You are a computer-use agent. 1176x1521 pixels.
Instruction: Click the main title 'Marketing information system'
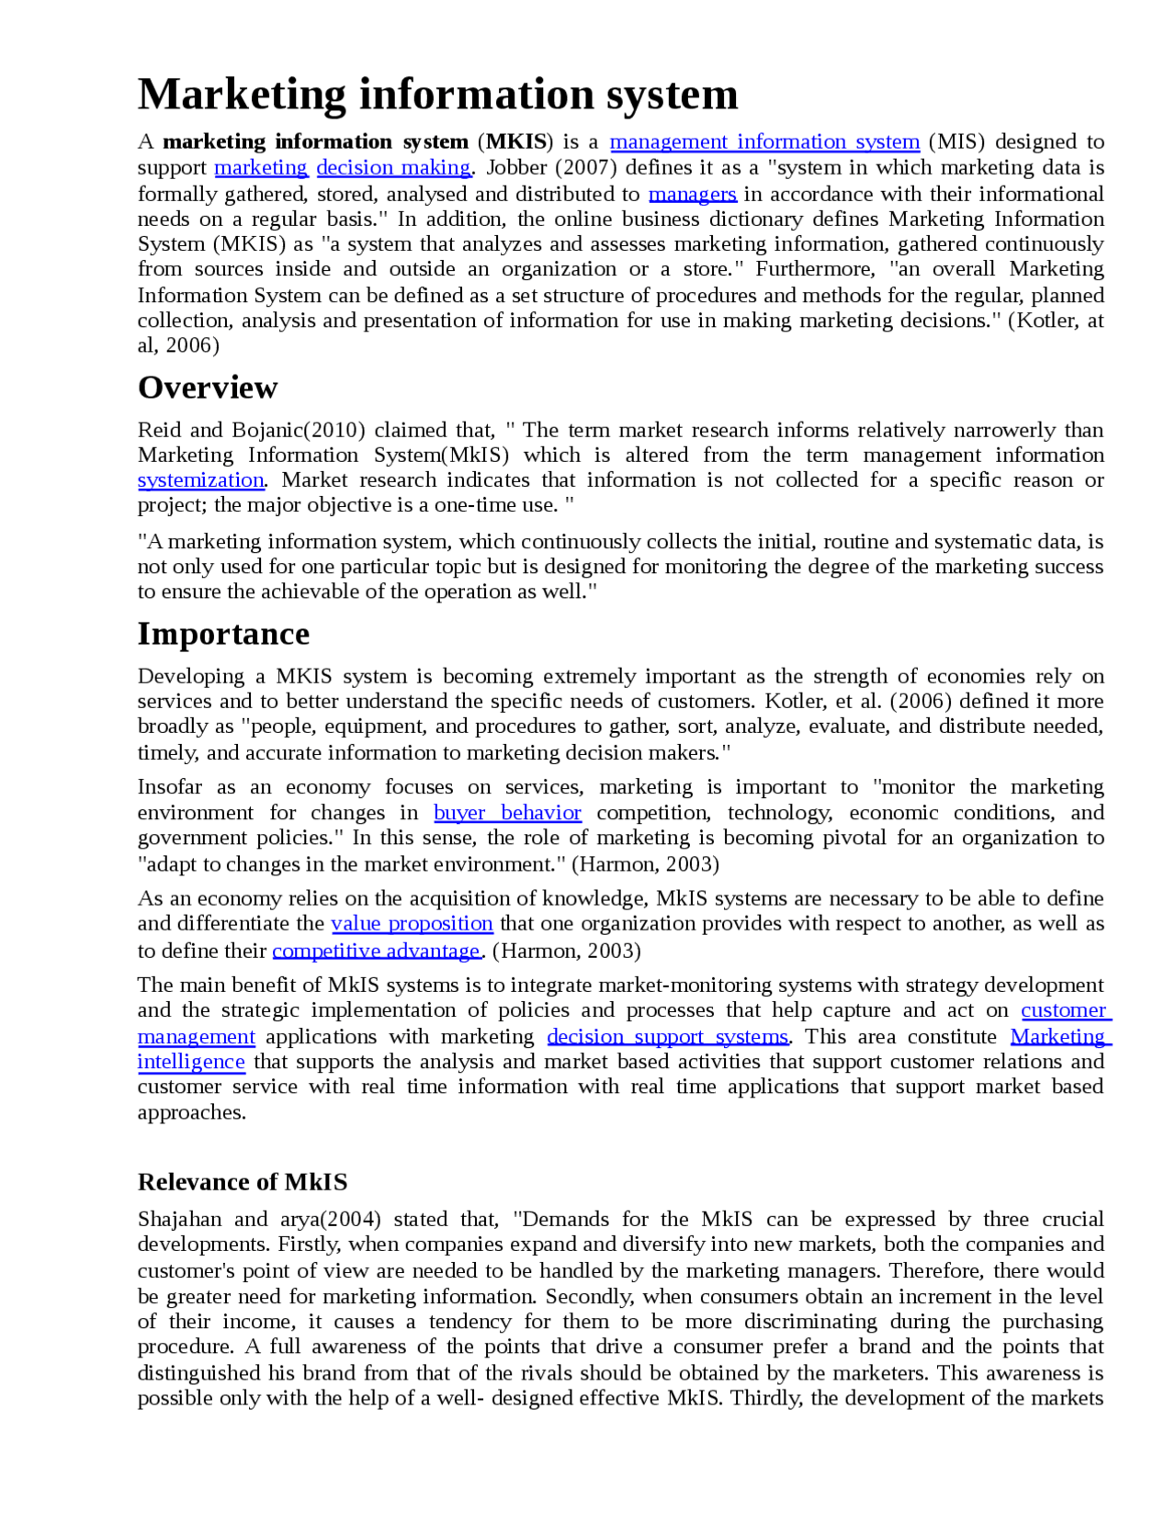click(x=437, y=95)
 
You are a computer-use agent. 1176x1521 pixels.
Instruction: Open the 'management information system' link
click(x=764, y=141)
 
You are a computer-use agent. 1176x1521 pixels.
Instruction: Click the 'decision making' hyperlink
click(x=393, y=167)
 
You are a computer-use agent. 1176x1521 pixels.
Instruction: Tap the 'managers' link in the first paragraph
click(x=692, y=194)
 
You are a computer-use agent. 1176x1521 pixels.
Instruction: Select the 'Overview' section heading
click(x=208, y=388)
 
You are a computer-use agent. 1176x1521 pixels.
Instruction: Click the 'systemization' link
click(x=200, y=480)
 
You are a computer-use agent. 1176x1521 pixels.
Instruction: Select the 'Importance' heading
click(x=223, y=634)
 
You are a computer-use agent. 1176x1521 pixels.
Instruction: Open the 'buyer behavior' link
click(x=507, y=813)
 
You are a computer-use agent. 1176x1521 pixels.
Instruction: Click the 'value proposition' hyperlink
click(x=412, y=923)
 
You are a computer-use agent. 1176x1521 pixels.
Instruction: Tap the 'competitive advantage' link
click(x=377, y=951)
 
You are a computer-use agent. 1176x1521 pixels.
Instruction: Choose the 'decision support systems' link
click(x=668, y=1036)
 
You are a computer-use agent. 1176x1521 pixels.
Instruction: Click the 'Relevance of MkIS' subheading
click(x=243, y=1182)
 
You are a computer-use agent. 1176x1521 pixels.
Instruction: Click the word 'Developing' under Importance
click(x=191, y=676)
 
